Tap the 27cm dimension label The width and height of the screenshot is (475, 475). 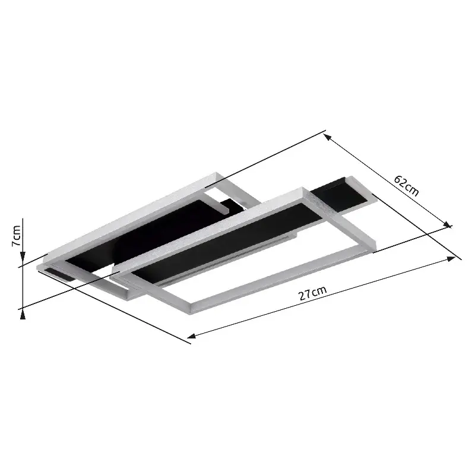pyautogui.click(x=313, y=294)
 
